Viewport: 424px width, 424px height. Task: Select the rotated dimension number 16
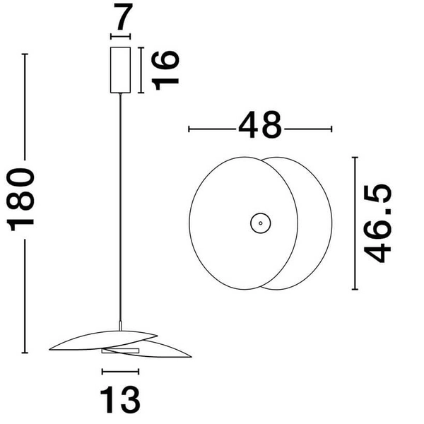(165, 69)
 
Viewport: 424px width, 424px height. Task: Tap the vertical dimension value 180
(23, 200)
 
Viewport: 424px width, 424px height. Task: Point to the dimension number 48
(260, 127)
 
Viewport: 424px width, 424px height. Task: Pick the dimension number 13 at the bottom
(121, 399)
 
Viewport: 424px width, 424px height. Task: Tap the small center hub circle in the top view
(260, 223)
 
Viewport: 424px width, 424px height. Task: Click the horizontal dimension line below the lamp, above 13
(121, 370)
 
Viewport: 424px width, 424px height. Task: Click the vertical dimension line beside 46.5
(355, 223)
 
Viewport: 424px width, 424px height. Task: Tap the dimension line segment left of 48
(212, 129)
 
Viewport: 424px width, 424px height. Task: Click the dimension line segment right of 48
(307, 129)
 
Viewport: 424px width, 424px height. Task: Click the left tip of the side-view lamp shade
(51, 348)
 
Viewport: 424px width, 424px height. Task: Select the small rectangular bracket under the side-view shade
(117, 350)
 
